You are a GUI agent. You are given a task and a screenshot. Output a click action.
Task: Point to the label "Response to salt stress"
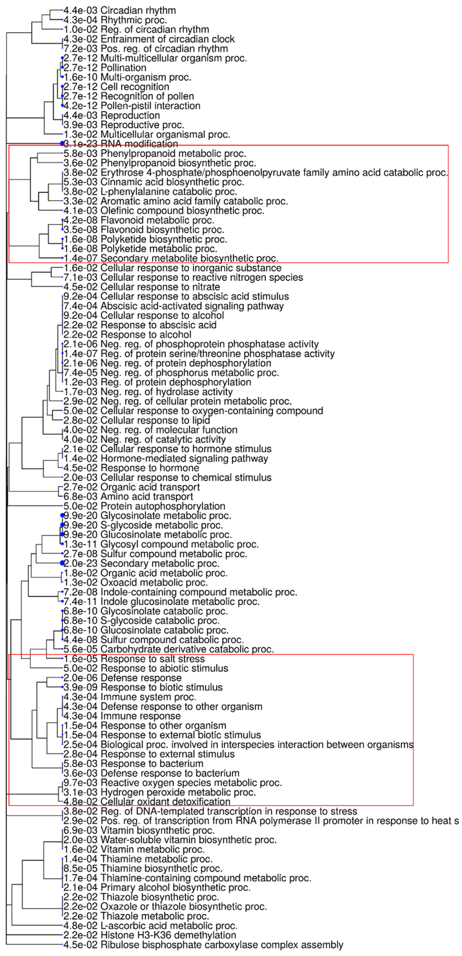point(153,659)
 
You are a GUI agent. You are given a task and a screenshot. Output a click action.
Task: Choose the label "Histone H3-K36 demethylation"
point(168,935)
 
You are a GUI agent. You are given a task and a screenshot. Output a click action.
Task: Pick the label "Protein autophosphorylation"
point(163,506)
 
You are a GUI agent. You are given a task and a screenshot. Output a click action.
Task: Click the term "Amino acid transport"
point(147,497)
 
